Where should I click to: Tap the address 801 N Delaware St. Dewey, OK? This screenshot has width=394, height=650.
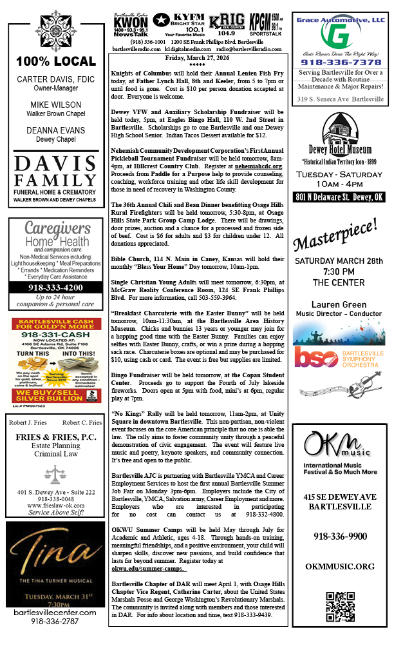(339, 196)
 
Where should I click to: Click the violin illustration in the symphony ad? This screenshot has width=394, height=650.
(366, 386)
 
